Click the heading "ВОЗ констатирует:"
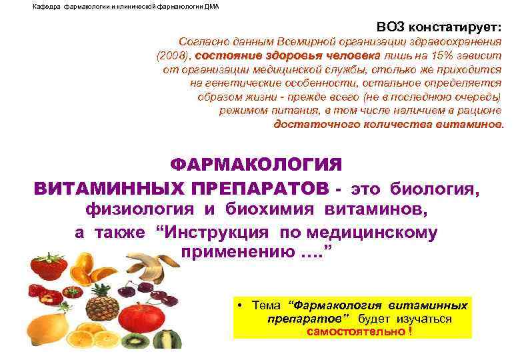click(439, 26)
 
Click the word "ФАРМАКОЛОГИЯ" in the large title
click(256, 165)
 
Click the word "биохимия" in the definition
click(275, 210)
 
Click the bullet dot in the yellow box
click(238, 306)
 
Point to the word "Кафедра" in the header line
click(46, 6)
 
